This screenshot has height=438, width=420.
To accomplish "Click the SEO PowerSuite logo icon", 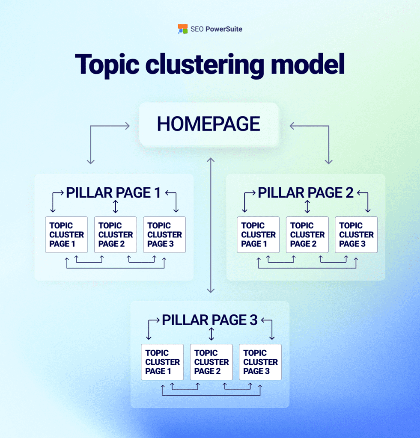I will (x=183, y=29).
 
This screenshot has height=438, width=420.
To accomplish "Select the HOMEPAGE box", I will (x=209, y=124).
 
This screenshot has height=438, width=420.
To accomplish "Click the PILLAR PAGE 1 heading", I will (x=113, y=193).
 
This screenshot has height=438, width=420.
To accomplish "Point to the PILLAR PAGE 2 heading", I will (x=305, y=193).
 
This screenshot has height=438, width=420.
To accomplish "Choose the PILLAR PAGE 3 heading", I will (x=210, y=320).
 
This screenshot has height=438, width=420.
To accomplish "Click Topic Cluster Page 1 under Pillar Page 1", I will (x=66, y=234).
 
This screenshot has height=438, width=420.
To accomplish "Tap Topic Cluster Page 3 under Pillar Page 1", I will (x=164, y=234).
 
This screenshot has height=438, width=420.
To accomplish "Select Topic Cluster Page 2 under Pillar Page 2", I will (x=307, y=234).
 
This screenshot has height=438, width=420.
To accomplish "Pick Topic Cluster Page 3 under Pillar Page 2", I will (x=356, y=234).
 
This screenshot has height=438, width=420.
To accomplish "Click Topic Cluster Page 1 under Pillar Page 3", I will (x=162, y=362).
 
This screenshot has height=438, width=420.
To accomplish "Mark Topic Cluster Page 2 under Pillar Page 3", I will (x=211, y=362).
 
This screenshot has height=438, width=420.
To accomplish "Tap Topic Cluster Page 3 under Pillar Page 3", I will (x=260, y=362).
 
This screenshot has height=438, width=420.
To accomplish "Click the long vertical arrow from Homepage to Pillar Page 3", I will (x=210, y=225).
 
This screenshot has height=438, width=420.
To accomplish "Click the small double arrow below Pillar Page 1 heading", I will (x=115, y=207).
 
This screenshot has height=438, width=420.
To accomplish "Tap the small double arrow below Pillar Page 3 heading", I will (x=211, y=334).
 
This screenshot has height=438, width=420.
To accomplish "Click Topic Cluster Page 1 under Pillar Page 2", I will (x=258, y=234).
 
